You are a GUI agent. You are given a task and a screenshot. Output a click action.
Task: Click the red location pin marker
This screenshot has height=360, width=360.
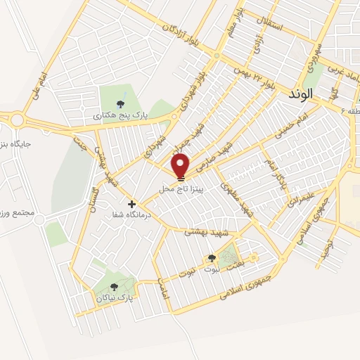(181, 166)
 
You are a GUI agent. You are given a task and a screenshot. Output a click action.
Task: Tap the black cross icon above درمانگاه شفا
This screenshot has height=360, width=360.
(131, 204)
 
